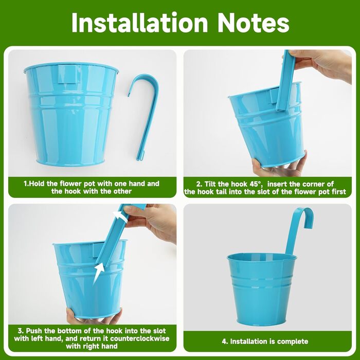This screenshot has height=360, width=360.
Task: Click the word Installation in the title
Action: click(139, 23)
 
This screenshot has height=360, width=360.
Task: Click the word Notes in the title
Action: click(253, 23)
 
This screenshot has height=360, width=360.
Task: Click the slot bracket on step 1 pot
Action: click(67, 74)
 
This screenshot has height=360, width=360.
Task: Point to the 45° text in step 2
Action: click(255, 184)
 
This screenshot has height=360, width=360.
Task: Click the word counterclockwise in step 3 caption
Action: click(139, 338)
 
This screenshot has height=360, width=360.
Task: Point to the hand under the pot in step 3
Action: click(92, 316)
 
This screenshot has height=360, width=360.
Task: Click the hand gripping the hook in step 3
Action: click(152, 222)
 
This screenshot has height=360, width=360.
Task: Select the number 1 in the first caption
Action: click(26, 184)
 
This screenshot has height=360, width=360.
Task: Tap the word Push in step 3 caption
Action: click(34, 331)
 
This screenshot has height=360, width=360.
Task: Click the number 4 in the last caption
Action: click(224, 341)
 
